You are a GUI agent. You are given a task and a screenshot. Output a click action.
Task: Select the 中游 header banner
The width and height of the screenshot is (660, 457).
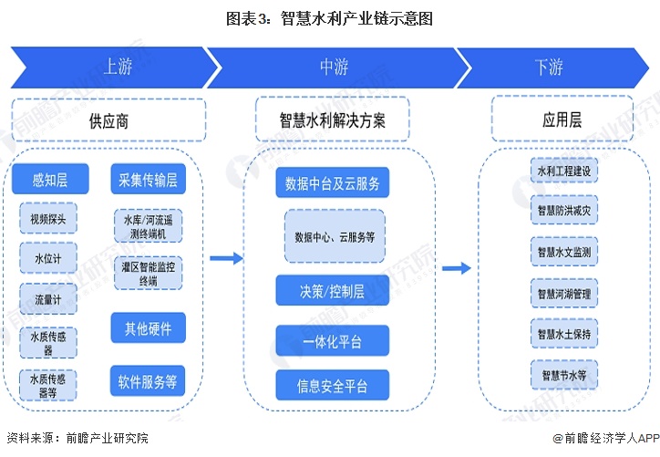[333, 67]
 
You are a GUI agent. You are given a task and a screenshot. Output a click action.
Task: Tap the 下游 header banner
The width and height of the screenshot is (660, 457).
[549, 67]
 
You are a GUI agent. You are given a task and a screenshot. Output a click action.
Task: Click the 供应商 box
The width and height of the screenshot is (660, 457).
[108, 120]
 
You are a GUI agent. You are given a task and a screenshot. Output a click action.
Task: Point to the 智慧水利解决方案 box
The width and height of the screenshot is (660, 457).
[333, 120]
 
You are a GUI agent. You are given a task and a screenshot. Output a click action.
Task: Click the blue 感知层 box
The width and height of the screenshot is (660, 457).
[50, 180]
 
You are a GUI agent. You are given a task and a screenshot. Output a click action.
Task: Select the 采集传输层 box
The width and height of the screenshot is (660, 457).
[148, 180]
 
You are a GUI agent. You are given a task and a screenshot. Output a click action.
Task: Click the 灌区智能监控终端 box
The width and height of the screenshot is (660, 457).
[148, 274]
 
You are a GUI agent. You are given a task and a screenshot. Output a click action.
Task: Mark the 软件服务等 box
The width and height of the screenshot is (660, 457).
[148, 380]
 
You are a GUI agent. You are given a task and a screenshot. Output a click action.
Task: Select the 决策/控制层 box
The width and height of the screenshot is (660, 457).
[333, 291]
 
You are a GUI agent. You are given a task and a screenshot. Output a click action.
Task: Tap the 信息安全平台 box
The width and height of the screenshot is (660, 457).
[333, 386]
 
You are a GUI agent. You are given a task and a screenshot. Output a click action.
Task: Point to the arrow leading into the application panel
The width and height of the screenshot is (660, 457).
[456, 268]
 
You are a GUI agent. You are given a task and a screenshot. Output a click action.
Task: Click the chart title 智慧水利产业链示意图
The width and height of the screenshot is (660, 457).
[329, 17]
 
